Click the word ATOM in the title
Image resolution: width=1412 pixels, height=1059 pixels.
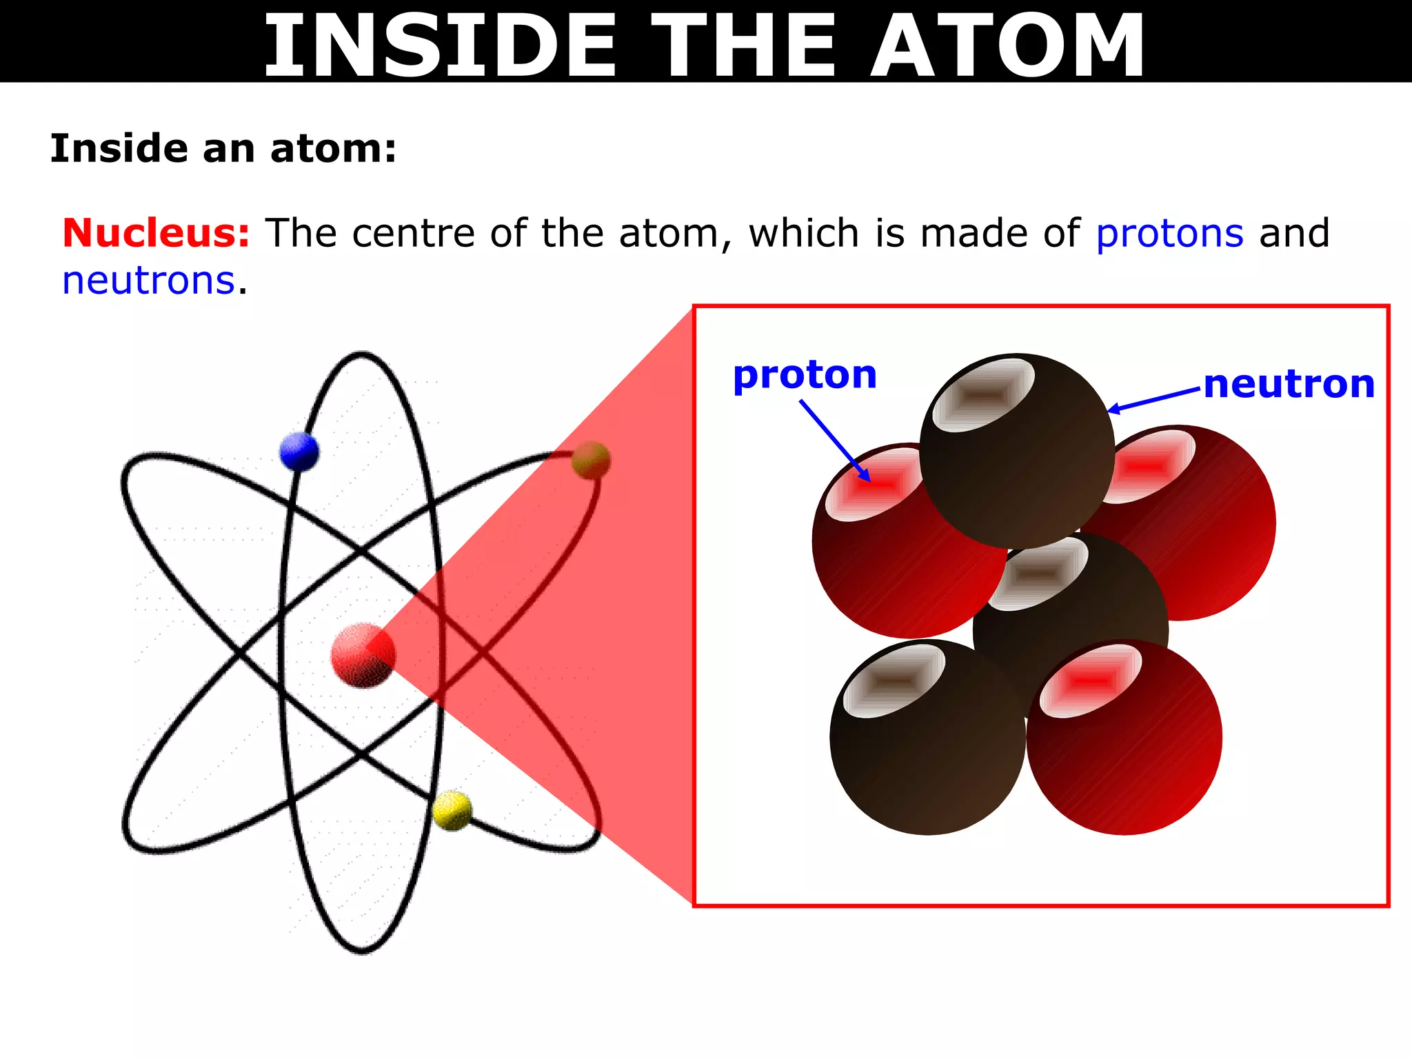click(1007, 47)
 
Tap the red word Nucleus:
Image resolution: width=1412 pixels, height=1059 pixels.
click(156, 233)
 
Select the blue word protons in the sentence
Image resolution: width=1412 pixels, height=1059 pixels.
click(1169, 233)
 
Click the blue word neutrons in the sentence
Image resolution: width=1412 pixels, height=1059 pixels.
click(149, 281)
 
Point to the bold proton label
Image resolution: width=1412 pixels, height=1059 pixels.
click(805, 376)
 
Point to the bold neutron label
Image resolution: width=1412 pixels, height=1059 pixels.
click(1289, 384)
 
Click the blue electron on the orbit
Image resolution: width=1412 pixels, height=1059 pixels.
click(299, 452)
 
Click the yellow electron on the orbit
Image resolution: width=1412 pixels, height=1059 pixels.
click(452, 811)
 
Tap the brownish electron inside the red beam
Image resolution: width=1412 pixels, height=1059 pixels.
click(591, 461)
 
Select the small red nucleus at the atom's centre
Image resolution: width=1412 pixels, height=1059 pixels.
click(363, 655)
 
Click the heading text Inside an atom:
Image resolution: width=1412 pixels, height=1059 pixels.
click(223, 149)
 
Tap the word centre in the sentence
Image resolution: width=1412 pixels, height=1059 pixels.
click(413, 233)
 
